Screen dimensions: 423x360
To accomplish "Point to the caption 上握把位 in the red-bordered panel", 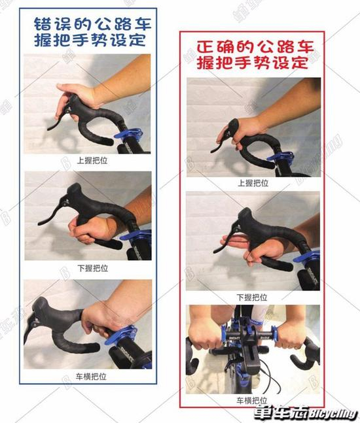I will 253,183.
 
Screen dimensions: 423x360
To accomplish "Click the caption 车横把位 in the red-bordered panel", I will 253,399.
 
